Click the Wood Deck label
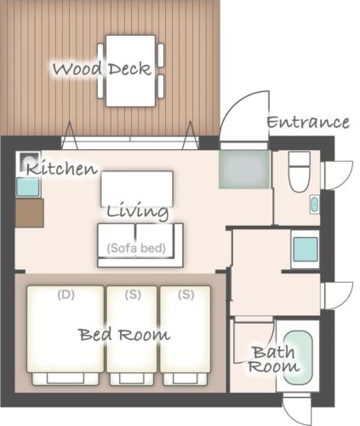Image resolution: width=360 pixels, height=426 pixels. coord(102,69)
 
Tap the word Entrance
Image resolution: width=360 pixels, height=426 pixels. coord(308,123)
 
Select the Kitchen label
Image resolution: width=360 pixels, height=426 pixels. coord(62,169)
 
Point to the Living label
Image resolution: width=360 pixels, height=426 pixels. coord(137,212)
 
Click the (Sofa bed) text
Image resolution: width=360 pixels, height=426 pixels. coord(136,248)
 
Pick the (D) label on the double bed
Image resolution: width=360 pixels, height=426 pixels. coord(66,295)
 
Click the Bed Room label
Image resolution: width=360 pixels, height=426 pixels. coord(124,334)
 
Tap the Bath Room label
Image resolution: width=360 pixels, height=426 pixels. coord(273,360)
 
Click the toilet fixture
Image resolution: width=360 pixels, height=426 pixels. coord(299,171)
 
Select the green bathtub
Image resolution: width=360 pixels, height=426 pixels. coord(298,358)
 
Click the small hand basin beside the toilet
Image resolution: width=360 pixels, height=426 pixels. coord(314,204)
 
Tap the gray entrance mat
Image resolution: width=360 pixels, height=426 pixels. coord(244,170)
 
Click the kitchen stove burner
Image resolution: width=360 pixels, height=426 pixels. coord(29,161)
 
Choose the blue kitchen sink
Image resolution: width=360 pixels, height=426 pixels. coord(27,187)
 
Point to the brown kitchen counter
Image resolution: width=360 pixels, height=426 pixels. coord(30,213)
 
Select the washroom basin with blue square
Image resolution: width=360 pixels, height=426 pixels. coord(306,249)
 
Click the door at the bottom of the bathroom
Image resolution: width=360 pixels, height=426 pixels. coord(297,409)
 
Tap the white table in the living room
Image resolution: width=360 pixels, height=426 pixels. coord(137,188)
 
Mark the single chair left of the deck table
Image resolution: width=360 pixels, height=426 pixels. coord(100,71)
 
